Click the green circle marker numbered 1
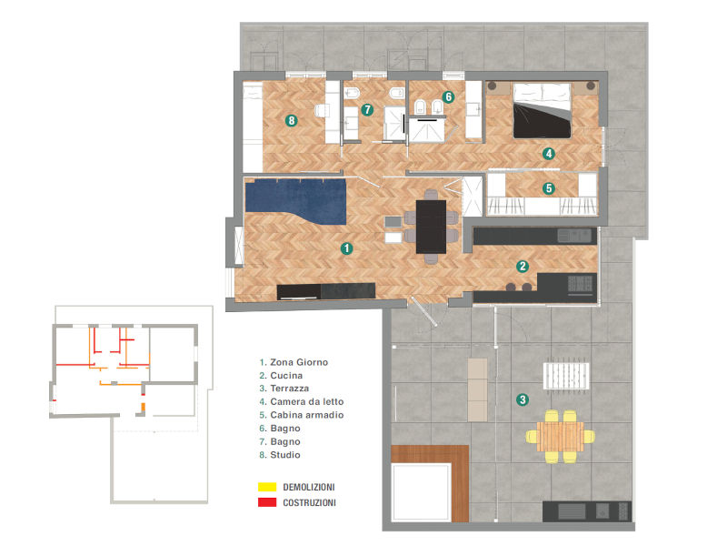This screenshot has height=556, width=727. point(345,247)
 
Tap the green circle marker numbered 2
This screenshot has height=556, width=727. point(523,267)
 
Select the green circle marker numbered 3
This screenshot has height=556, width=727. point(522,399)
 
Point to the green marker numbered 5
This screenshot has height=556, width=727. point(549,189)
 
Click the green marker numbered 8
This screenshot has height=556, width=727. point(291,119)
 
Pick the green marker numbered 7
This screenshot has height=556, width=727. point(367,109)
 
